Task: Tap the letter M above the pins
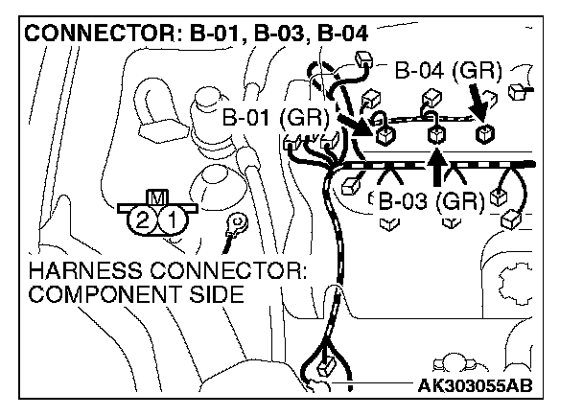(x=157, y=197)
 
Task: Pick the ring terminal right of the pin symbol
(x=230, y=228)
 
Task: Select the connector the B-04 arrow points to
(x=487, y=132)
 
